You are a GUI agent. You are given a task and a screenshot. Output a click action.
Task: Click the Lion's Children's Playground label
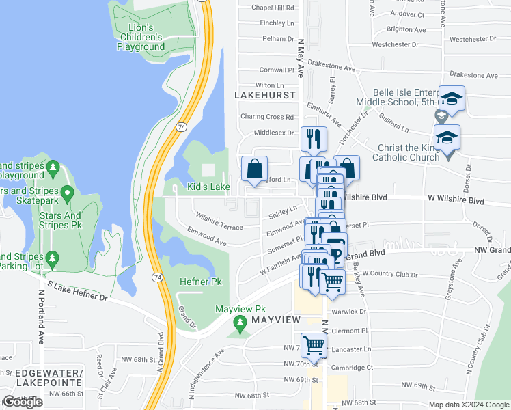(x=141, y=38)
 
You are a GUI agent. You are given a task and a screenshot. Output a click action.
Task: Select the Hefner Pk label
(x=200, y=281)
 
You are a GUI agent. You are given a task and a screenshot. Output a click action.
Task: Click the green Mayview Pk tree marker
(x=239, y=322)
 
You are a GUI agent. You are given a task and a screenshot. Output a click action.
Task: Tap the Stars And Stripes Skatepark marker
(x=67, y=194)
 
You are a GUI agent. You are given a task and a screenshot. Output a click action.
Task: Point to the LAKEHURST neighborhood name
(x=265, y=95)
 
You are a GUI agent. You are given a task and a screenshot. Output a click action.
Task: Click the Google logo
(x=22, y=402)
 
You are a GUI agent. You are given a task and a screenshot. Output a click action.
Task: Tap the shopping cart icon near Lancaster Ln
(x=314, y=345)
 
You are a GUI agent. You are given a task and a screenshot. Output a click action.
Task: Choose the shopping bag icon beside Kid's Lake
(x=253, y=168)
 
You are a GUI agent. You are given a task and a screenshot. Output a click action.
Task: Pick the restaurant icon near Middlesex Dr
(x=314, y=139)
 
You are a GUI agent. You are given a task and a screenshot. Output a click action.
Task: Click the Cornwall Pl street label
(x=276, y=70)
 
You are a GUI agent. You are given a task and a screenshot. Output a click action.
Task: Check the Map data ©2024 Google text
(x=469, y=405)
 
